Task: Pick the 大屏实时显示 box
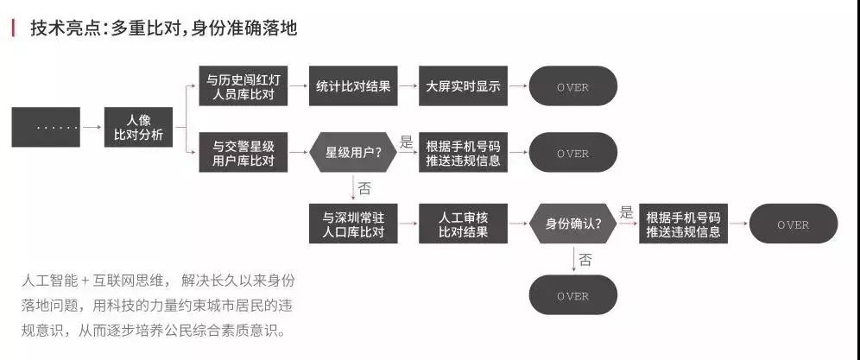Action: (463, 86)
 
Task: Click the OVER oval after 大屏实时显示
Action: (572, 86)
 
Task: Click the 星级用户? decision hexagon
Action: (353, 152)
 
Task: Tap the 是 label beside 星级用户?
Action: (406, 141)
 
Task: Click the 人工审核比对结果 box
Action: (463, 224)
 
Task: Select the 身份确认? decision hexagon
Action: (573, 224)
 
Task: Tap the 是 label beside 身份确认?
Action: (626, 212)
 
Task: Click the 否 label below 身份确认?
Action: (585, 259)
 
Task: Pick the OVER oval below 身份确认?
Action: (572, 295)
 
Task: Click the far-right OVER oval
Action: (793, 224)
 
